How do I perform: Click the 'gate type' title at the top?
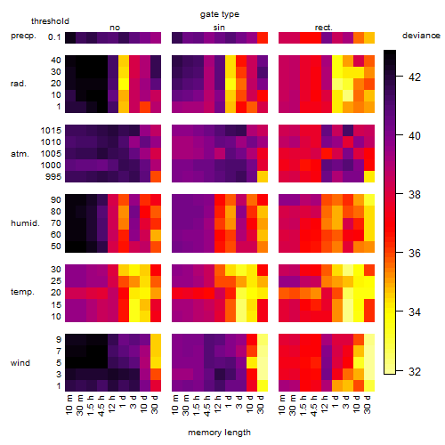[220, 14]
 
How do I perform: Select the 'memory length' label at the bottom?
[219, 433]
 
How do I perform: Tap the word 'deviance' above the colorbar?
[421, 36]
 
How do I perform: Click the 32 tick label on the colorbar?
[415, 371]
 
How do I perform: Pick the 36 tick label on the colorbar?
[415, 254]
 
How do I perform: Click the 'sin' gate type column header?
[219, 28]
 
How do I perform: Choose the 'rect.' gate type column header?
[323, 28]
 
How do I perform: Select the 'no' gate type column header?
[115, 28]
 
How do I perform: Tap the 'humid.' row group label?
[25, 223]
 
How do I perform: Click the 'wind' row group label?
[20, 363]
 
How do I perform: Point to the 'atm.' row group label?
[20, 154]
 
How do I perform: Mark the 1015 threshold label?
[51, 131]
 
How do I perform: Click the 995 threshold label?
[53, 177]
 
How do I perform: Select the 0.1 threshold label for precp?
[54, 37]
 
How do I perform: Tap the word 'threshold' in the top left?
[50, 21]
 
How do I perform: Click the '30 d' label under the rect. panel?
[368, 404]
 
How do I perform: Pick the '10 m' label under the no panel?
[69, 405]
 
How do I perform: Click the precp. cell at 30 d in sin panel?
[263, 38]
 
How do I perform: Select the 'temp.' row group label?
[22, 292]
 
